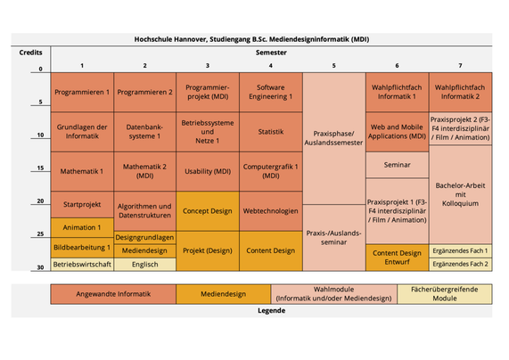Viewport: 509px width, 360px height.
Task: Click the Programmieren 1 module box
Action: pyautogui.click(x=82, y=92)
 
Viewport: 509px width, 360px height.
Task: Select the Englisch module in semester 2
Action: pyautogui.click(x=144, y=265)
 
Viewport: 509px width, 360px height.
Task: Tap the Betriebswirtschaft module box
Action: pyautogui.click(x=82, y=265)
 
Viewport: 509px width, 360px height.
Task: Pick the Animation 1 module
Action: pyautogui.click(x=82, y=227)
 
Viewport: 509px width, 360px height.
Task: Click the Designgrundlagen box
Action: pyautogui.click(x=144, y=237)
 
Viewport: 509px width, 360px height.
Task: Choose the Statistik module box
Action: pyautogui.click(x=271, y=132)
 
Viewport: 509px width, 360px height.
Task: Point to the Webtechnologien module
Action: pyautogui.click(x=271, y=211)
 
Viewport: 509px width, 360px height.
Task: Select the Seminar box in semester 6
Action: pyautogui.click(x=397, y=165)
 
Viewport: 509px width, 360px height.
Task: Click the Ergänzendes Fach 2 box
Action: pyautogui.click(x=460, y=265)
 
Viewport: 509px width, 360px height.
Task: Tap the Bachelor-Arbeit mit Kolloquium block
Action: pyautogui.click(x=460, y=194)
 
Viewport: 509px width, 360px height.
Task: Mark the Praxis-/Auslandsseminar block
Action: pyautogui.click(x=333, y=238)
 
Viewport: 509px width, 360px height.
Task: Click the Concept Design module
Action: pyautogui.click(x=208, y=211)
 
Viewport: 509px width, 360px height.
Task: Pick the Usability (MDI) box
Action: pyautogui.click(x=208, y=171)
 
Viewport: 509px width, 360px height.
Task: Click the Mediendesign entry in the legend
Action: pyautogui.click(x=224, y=294)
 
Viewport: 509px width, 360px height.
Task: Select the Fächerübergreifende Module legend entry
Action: pyautogui.click(x=445, y=294)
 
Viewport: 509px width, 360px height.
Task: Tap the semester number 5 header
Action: pyautogui.click(x=333, y=66)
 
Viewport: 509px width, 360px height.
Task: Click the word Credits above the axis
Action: pyautogui.click(x=30, y=53)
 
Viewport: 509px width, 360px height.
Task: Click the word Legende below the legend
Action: pyautogui.click(x=271, y=311)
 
